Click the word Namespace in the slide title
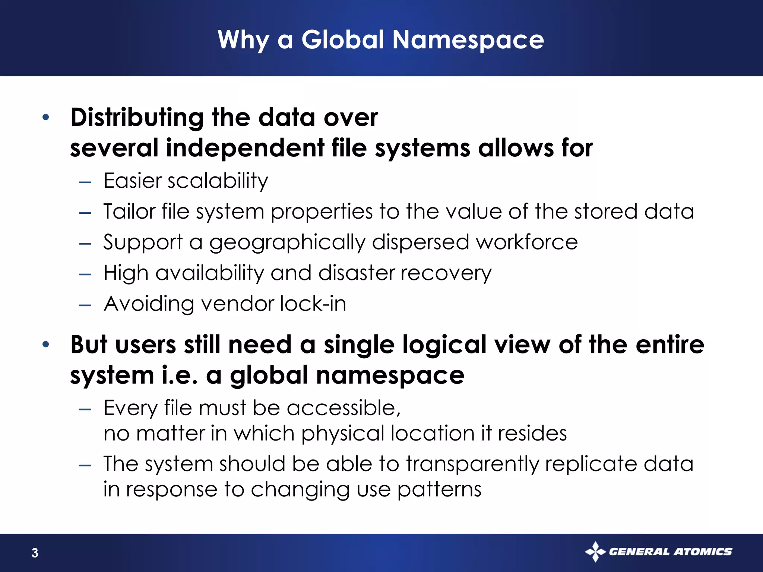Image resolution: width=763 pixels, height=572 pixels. [468, 40]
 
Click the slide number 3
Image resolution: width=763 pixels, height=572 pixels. [35, 553]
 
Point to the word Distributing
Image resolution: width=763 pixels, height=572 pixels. [137, 118]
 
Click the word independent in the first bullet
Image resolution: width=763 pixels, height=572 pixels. [245, 148]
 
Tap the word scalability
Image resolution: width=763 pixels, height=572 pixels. [218, 181]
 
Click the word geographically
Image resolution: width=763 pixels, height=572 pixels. [287, 243]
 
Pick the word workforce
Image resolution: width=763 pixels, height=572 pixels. [527, 242]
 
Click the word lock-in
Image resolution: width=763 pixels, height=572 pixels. [313, 304]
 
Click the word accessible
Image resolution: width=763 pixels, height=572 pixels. [343, 408]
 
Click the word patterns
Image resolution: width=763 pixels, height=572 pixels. [439, 490]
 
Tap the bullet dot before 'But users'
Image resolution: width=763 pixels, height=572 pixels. [46, 344]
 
